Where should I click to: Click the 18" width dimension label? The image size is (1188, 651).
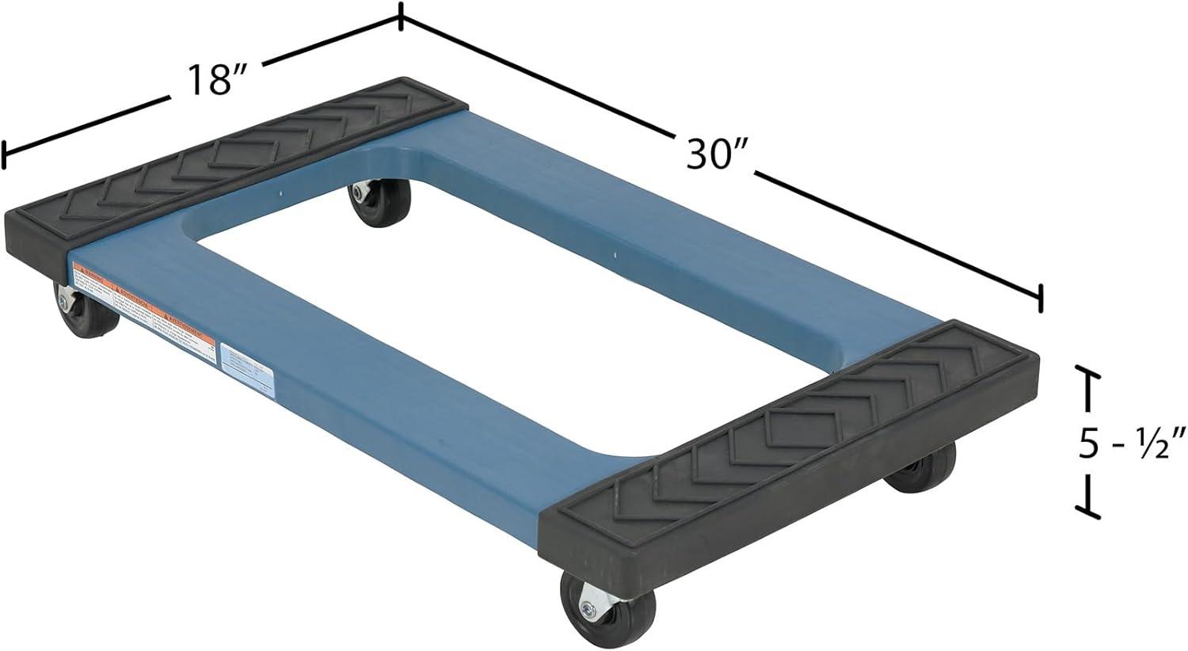(x=215, y=80)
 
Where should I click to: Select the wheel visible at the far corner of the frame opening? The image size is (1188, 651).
(x=379, y=203)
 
